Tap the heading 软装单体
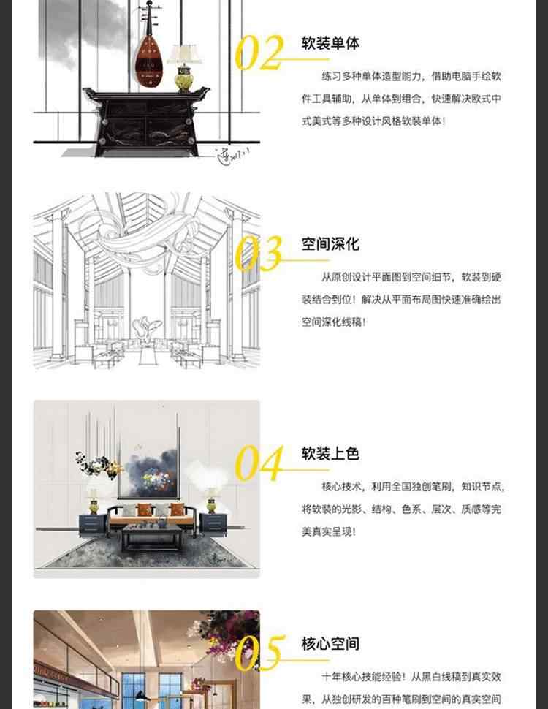pos(330,43)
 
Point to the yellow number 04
pos(258,463)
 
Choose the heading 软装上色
pos(330,454)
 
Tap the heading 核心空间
pos(330,644)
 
